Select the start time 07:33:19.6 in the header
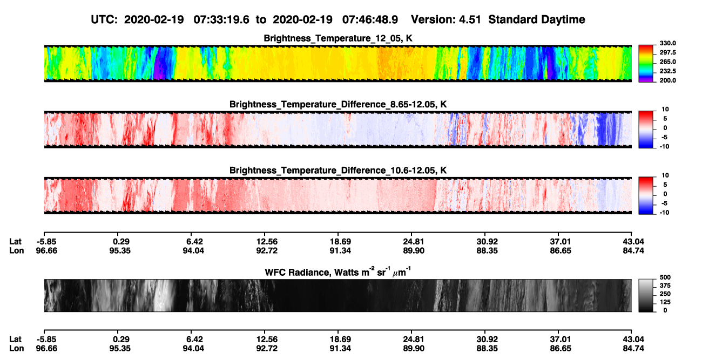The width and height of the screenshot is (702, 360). click(x=221, y=19)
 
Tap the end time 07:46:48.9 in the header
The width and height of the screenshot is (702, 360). click(x=370, y=19)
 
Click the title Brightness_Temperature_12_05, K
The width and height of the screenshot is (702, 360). click(x=338, y=38)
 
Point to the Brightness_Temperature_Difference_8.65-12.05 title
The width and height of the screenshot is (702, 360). click(x=338, y=104)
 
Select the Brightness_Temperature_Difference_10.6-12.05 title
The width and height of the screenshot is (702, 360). click(x=338, y=171)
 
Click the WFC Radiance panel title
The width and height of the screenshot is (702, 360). click(x=338, y=271)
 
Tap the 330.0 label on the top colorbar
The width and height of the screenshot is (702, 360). click(x=667, y=43)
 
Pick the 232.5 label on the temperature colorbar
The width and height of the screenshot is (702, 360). click(x=667, y=71)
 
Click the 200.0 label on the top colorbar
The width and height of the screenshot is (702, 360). click(x=667, y=80)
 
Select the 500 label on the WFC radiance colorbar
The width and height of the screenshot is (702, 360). click(x=665, y=277)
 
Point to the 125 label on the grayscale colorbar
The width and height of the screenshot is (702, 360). click(x=665, y=302)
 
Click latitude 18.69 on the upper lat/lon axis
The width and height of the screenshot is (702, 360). click(x=340, y=242)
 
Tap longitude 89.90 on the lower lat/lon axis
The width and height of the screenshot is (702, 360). click(x=414, y=349)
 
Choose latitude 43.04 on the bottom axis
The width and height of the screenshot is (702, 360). click(x=633, y=339)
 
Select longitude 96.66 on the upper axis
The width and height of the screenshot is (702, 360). click(x=46, y=250)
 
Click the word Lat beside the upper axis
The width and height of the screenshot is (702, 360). click(x=15, y=242)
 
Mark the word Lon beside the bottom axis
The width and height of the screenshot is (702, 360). click(x=16, y=349)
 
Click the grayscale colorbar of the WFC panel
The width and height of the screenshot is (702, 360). click(x=646, y=295)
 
